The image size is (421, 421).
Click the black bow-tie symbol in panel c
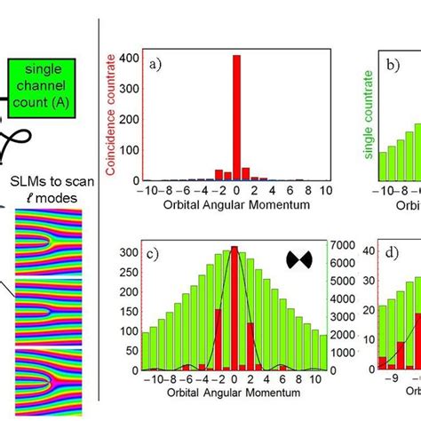(x=299, y=259)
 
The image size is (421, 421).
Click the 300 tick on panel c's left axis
(x=131, y=252)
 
